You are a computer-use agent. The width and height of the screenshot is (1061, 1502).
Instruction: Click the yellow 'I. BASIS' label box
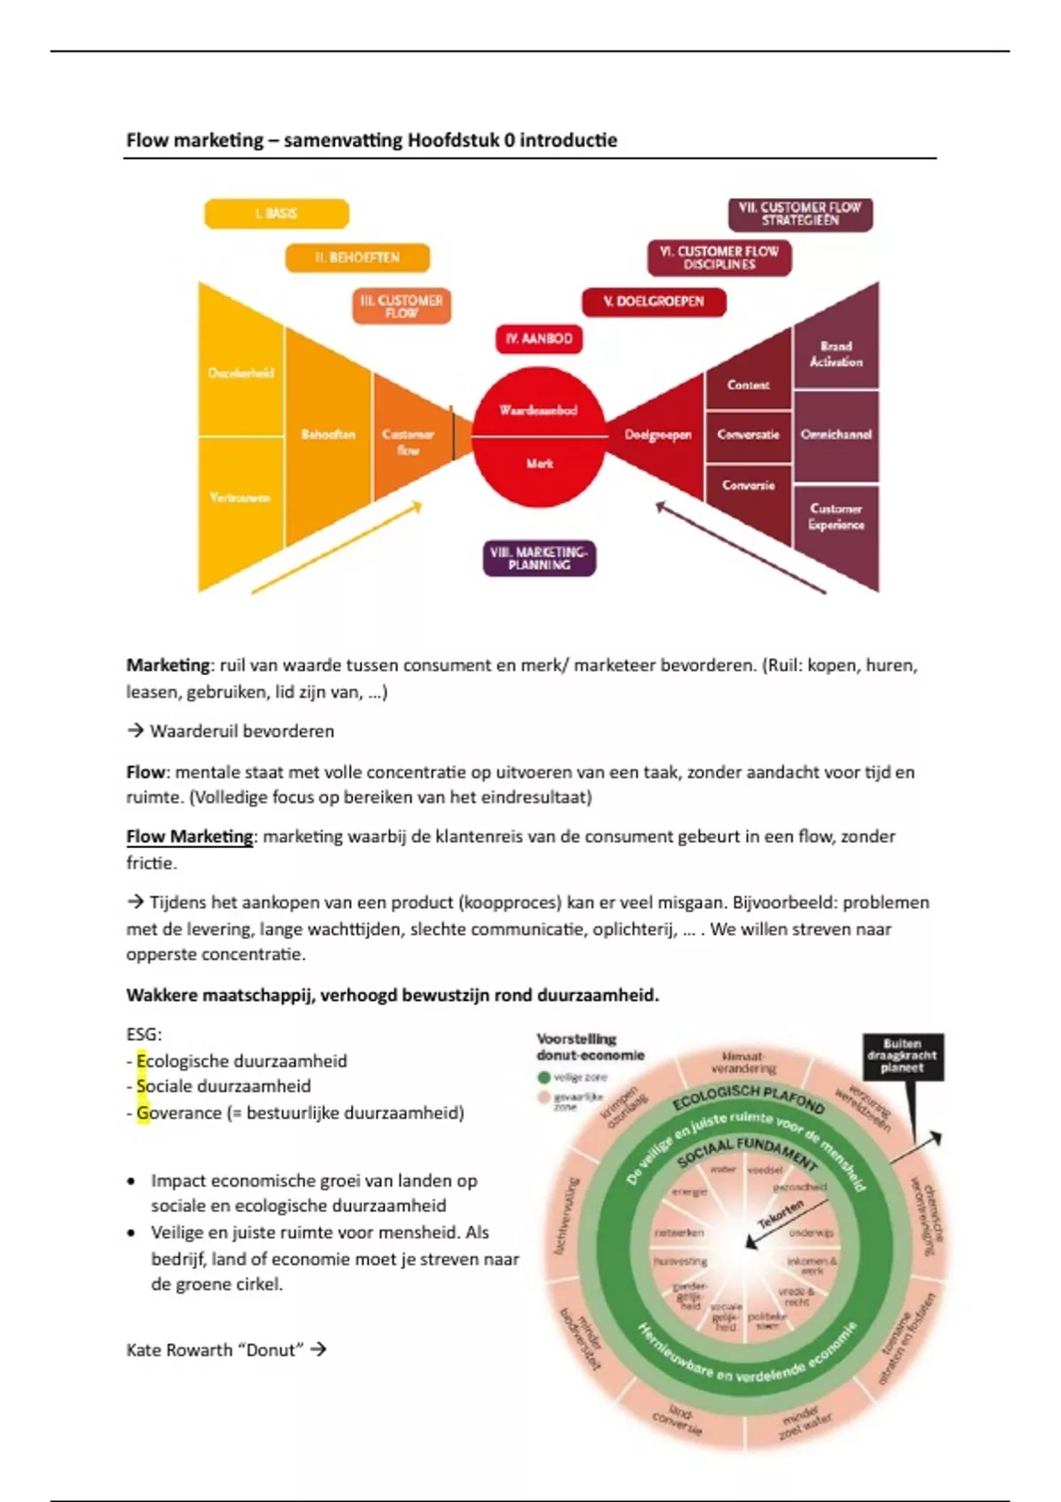coord(277,214)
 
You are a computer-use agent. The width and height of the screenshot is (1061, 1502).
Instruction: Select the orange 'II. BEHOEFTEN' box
coord(357,257)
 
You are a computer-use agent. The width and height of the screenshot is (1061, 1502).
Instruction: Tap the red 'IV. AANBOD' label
coord(538,338)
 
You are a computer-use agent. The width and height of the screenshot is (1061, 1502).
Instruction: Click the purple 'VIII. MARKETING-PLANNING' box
coord(539,558)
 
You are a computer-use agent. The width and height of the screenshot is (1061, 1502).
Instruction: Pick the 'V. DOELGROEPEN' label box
coord(653,301)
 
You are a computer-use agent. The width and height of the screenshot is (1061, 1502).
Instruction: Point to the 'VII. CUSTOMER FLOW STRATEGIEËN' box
coord(799,214)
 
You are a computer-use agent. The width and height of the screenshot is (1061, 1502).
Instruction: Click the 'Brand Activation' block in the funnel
coord(836,354)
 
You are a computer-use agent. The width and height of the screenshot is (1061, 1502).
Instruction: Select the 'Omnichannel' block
coord(836,435)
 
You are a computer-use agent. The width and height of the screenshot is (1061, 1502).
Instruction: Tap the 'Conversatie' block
coord(748,435)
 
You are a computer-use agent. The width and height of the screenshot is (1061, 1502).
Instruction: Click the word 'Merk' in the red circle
coord(539,463)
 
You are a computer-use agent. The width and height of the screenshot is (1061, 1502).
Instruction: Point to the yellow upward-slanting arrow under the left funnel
coord(336,548)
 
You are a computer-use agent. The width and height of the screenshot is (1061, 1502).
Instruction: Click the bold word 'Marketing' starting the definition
coord(168,665)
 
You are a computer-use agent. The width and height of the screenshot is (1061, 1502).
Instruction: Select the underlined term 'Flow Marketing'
coord(189,837)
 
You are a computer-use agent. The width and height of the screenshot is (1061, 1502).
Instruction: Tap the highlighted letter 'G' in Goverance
coord(142,1113)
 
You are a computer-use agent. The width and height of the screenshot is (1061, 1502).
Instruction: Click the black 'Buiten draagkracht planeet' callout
coord(902,1056)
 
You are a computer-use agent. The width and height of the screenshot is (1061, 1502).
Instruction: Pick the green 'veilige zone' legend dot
coord(544,1078)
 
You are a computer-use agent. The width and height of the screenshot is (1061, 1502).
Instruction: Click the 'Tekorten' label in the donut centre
coord(780,1213)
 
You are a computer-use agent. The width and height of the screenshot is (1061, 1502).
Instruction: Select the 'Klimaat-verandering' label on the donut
coord(743,1062)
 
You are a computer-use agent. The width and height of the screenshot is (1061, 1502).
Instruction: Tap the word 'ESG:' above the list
coord(144,1035)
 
